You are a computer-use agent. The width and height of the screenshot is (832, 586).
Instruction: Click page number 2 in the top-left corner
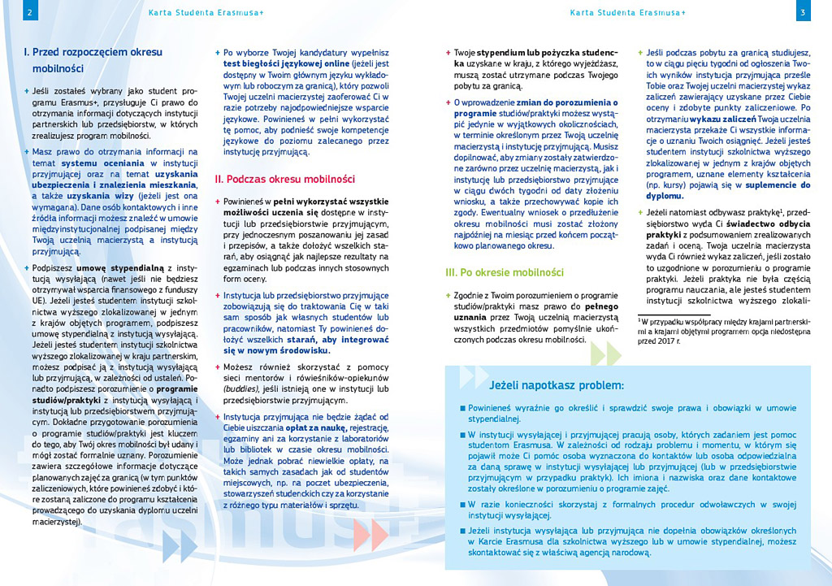tap(29, 12)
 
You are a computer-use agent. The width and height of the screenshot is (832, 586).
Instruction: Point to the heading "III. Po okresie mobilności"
tap(505, 272)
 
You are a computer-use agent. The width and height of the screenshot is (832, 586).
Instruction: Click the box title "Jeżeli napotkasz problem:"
tap(557, 384)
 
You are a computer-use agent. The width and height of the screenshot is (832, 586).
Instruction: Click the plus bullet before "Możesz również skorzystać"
tap(218, 368)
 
